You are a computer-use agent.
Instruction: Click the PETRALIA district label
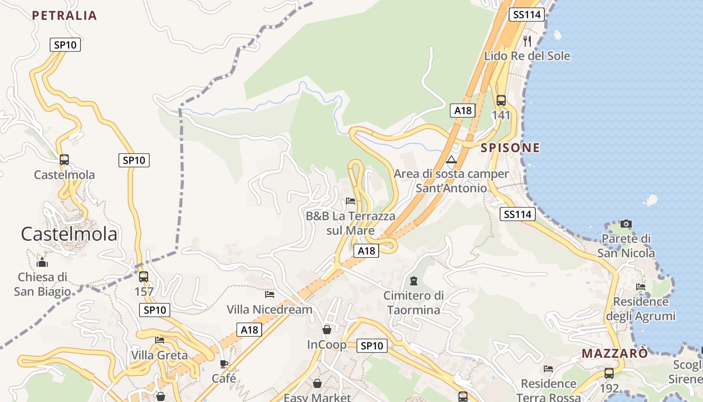pyautogui.click(x=64, y=16)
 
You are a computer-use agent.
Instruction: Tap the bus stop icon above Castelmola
pyautogui.click(x=64, y=160)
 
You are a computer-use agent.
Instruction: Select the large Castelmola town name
pyautogui.click(x=69, y=234)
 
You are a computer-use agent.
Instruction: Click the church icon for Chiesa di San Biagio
pyautogui.click(x=42, y=262)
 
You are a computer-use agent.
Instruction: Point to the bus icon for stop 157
pyautogui.click(x=144, y=276)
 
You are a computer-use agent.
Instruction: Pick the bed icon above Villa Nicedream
pyautogui.click(x=270, y=294)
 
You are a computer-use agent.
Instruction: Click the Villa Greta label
pyautogui.click(x=159, y=355)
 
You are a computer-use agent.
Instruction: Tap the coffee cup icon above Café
pyautogui.click(x=224, y=363)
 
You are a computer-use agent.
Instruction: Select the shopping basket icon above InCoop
pyautogui.click(x=327, y=330)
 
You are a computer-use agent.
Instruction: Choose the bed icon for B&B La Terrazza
pyautogui.click(x=350, y=201)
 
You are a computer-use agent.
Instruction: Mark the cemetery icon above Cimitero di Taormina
pyautogui.click(x=414, y=280)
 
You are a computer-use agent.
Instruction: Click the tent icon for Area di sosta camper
pyautogui.click(x=451, y=160)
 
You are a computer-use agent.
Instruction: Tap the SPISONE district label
pyautogui.click(x=510, y=148)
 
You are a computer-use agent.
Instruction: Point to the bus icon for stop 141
pyautogui.click(x=501, y=100)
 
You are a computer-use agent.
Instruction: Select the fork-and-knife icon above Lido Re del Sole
pyautogui.click(x=527, y=41)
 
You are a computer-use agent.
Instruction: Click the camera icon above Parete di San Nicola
pyautogui.click(x=626, y=224)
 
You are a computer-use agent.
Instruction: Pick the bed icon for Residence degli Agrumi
pyautogui.click(x=641, y=287)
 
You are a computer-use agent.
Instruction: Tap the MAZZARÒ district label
pyautogui.click(x=615, y=353)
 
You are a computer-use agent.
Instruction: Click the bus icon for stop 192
pyautogui.click(x=609, y=373)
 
